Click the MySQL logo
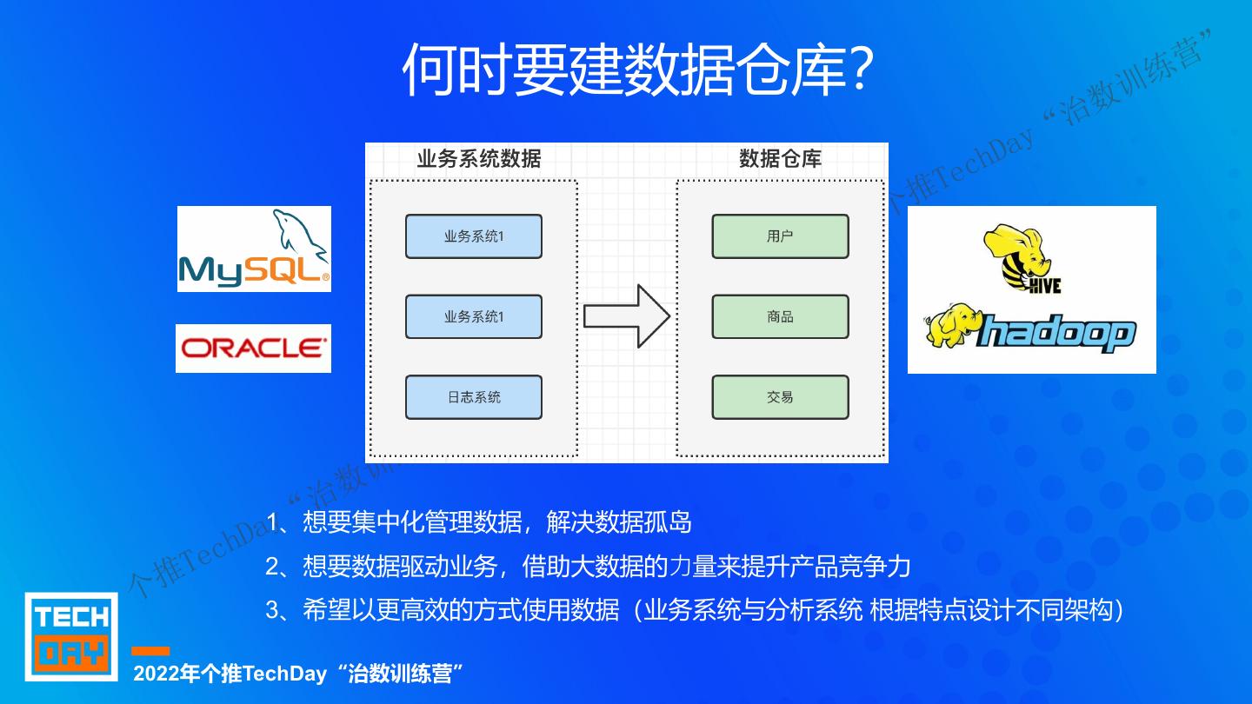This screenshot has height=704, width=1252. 254,249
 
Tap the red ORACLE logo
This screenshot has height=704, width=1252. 253,349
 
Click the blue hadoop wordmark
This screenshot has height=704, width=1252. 1056,333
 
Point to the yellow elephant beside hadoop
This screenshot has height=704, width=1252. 951,325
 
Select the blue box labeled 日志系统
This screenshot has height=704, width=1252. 473,397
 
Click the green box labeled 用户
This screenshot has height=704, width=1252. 780,236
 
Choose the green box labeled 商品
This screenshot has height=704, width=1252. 780,317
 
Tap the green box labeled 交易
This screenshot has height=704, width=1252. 780,397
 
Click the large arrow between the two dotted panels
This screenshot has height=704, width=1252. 626,316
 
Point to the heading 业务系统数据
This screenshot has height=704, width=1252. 478,159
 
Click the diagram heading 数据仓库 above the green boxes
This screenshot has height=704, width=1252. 780,159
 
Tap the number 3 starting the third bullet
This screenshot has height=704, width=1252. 272,610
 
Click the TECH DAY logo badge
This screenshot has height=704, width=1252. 71,636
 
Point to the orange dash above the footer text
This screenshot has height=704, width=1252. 150,651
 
